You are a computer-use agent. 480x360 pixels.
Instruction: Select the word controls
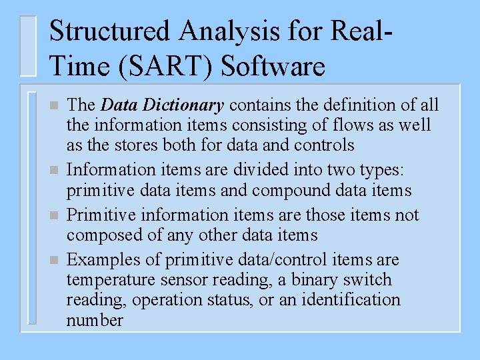point(327,145)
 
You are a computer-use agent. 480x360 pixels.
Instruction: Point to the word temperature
point(108,280)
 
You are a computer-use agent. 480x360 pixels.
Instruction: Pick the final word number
point(95,320)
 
